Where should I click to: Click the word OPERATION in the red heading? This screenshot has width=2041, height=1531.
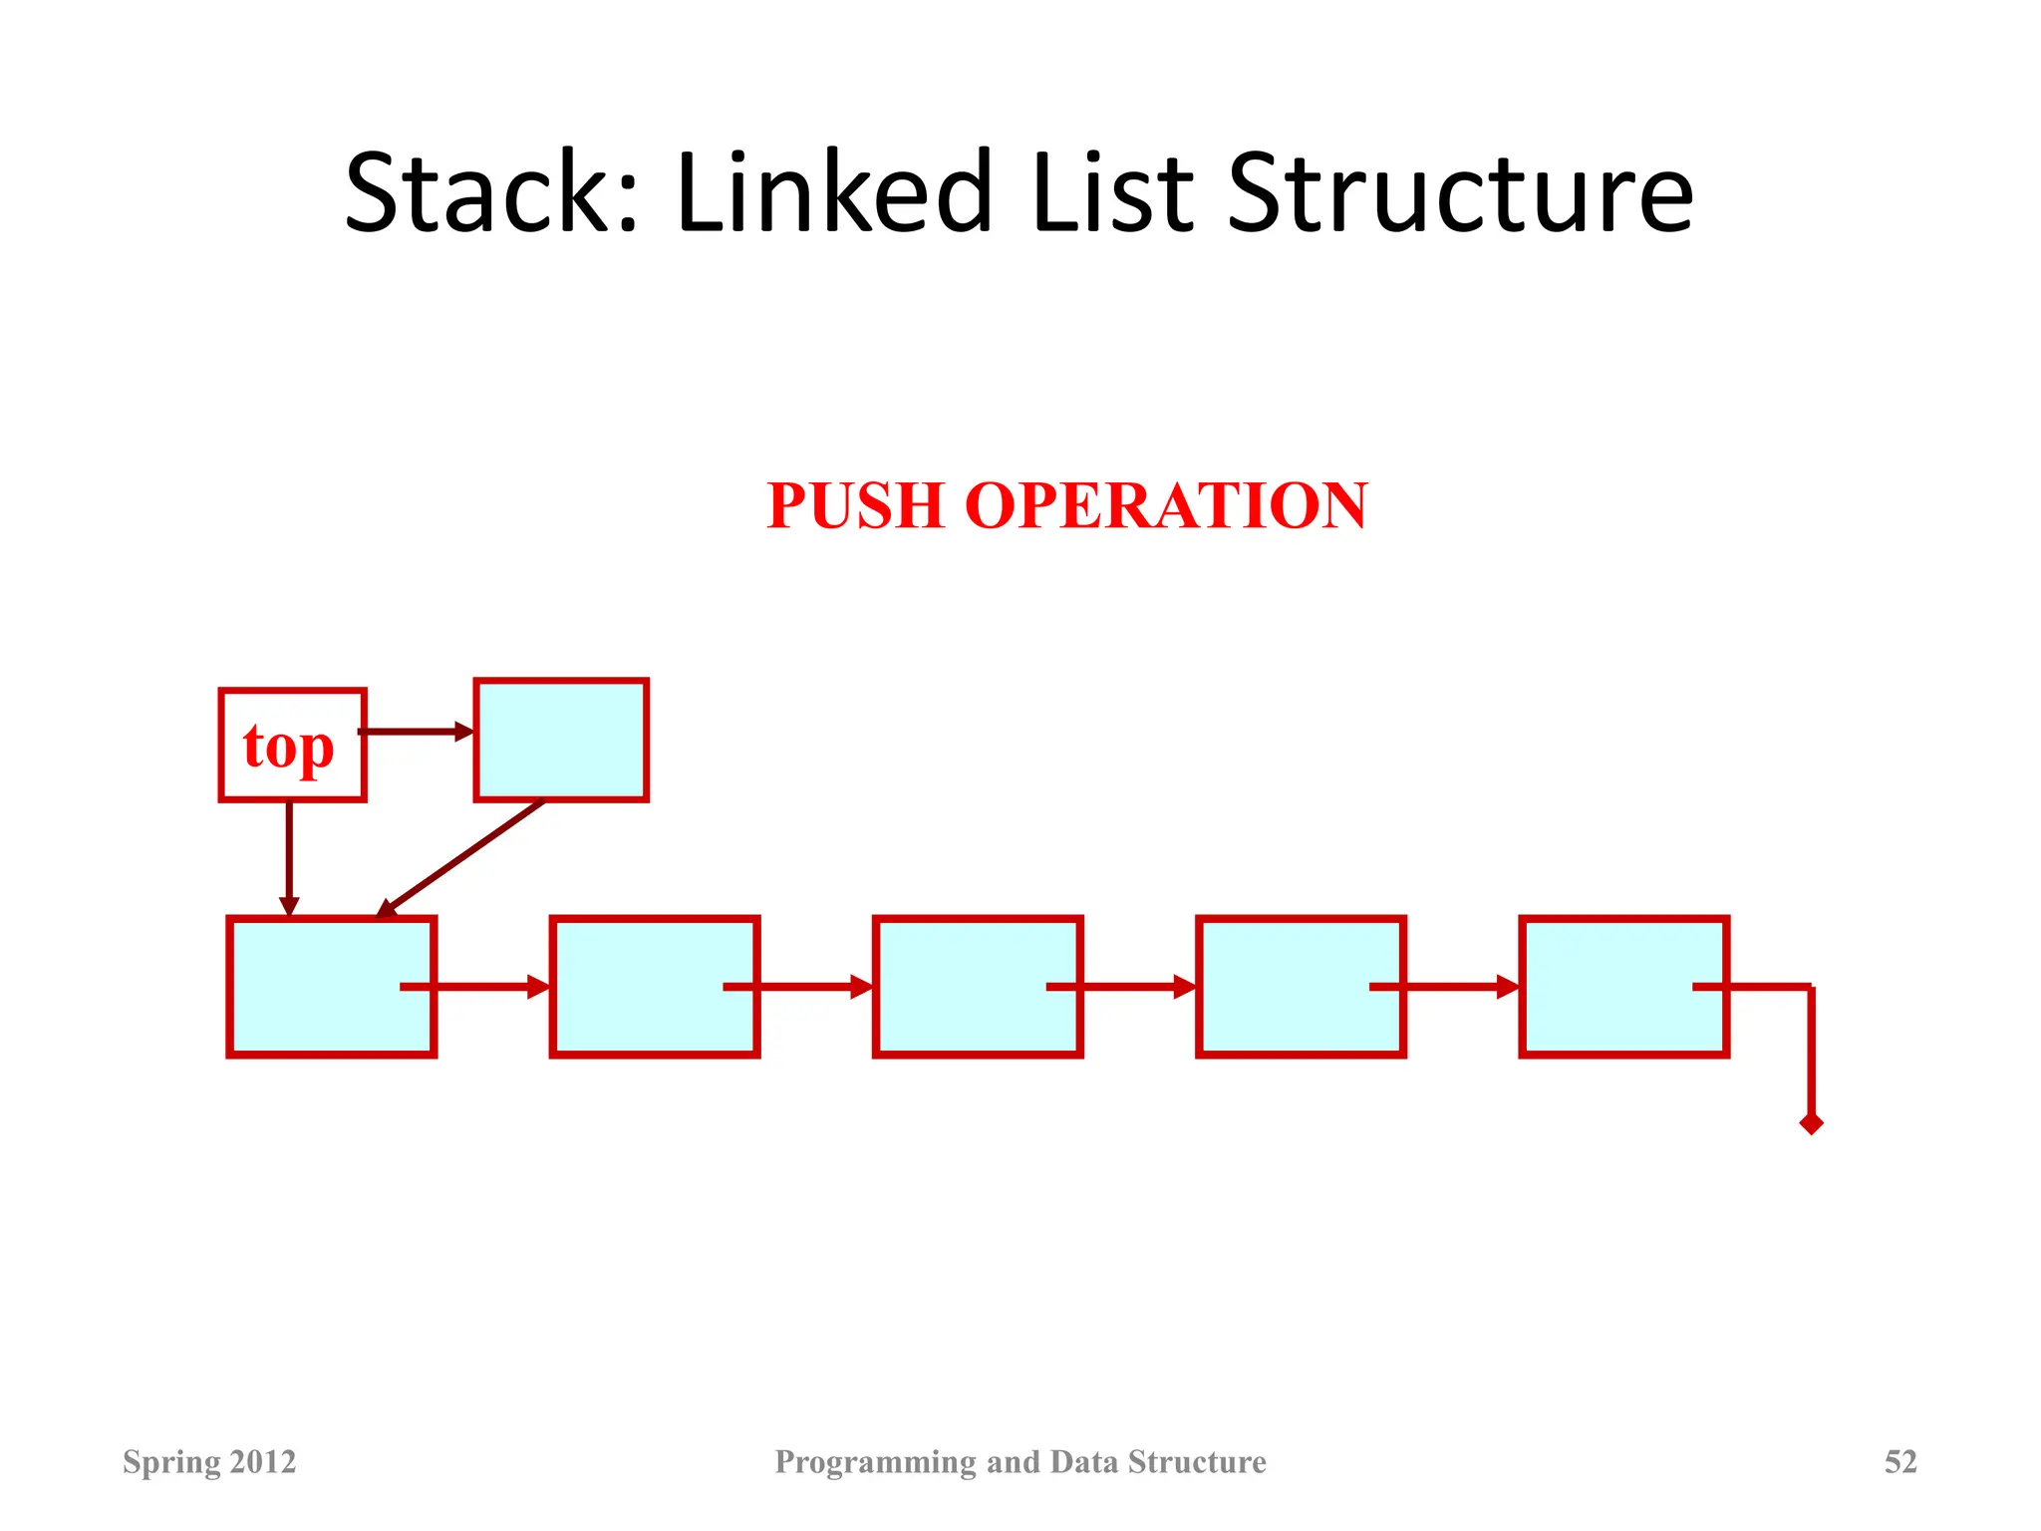[x=1166, y=505]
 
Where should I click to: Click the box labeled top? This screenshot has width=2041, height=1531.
[x=292, y=745]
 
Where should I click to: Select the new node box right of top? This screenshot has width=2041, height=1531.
[x=561, y=740]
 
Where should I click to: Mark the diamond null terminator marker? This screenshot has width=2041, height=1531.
[x=1811, y=1123]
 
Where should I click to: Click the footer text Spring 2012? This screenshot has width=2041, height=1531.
[x=209, y=1461]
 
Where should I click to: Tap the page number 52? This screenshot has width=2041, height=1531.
[x=1899, y=1461]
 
